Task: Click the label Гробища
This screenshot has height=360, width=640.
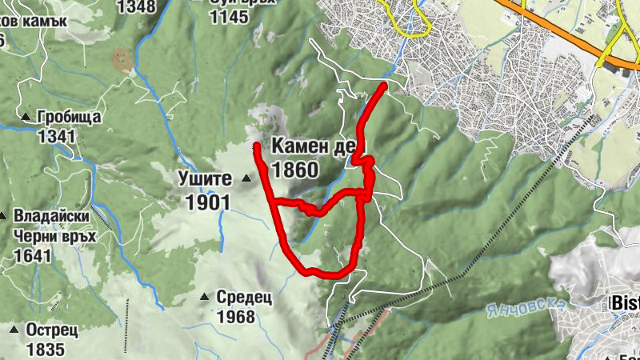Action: (x=69, y=118)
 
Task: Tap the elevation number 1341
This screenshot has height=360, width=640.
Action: (x=55, y=136)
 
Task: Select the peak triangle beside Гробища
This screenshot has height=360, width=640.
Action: (x=25, y=118)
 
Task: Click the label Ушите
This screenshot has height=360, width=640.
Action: (x=205, y=178)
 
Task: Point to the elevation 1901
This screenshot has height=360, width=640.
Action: (x=207, y=202)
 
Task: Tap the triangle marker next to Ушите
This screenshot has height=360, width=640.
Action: (x=246, y=178)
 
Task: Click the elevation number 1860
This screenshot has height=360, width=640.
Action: (x=295, y=169)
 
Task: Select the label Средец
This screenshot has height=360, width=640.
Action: (x=245, y=298)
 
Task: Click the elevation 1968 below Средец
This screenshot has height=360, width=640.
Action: (x=236, y=317)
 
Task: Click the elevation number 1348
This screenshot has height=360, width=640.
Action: (x=136, y=7)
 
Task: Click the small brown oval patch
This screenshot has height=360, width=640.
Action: (x=122, y=58)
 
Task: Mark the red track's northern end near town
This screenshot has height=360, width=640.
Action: (x=384, y=85)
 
